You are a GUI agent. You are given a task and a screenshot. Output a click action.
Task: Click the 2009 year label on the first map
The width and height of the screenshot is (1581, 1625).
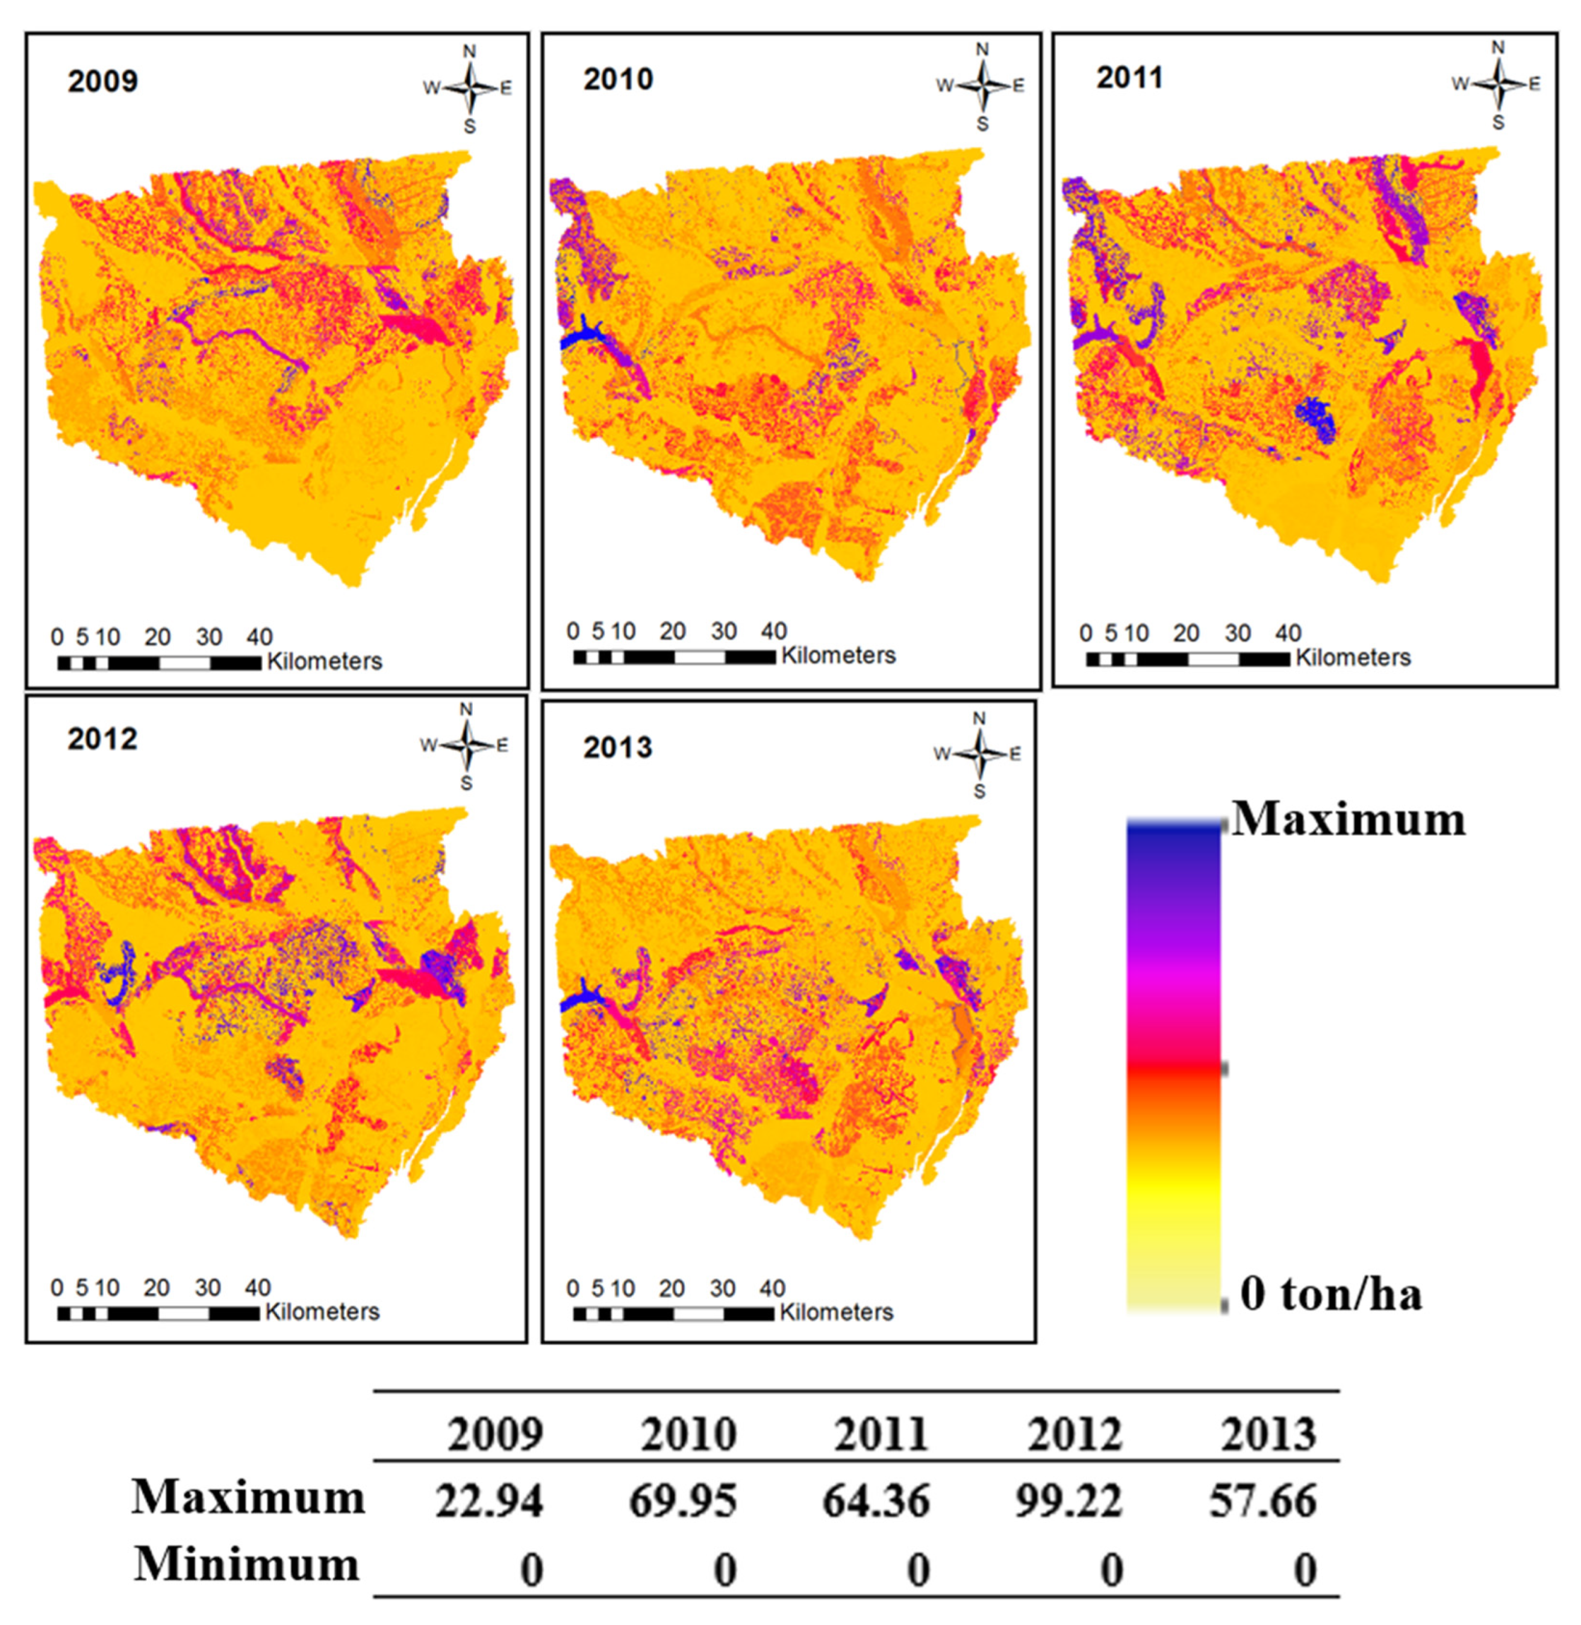[x=102, y=81]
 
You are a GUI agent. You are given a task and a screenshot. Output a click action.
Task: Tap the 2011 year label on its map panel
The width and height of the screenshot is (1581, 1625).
[x=1129, y=78]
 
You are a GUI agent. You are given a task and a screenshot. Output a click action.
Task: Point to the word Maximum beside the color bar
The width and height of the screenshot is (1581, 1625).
[x=1349, y=820]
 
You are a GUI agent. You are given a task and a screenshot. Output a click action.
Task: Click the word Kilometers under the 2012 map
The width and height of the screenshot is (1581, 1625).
[x=322, y=1312]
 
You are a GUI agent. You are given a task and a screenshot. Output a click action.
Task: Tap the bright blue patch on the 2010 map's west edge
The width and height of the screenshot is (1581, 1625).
[x=581, y=335]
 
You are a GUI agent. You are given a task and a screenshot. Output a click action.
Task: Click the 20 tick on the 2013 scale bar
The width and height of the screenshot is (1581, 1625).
[x=671, y=1289]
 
